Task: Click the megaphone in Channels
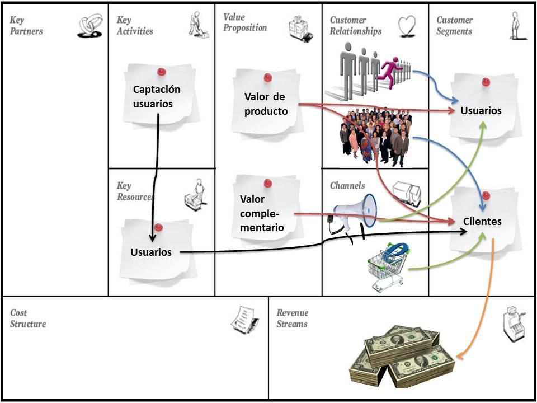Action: [x=356, y=213]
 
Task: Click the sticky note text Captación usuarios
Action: [x=157, y=96]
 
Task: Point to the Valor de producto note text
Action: [x=266, y=104]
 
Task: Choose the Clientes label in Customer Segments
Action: [x=482, y=221]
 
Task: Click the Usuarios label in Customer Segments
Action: [x=481, y=110]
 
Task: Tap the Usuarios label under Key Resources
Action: [x=151, y=252]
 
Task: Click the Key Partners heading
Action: [x=25, y=25]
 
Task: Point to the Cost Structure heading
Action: [x=27, y=318]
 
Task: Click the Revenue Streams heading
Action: [x=292, y=318]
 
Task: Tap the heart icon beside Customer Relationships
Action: [x=407, y=25]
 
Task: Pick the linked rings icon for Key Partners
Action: [x=89, y=26]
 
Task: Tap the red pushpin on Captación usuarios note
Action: [x=162, y=72]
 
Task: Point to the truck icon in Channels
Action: [x=407, y=193]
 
